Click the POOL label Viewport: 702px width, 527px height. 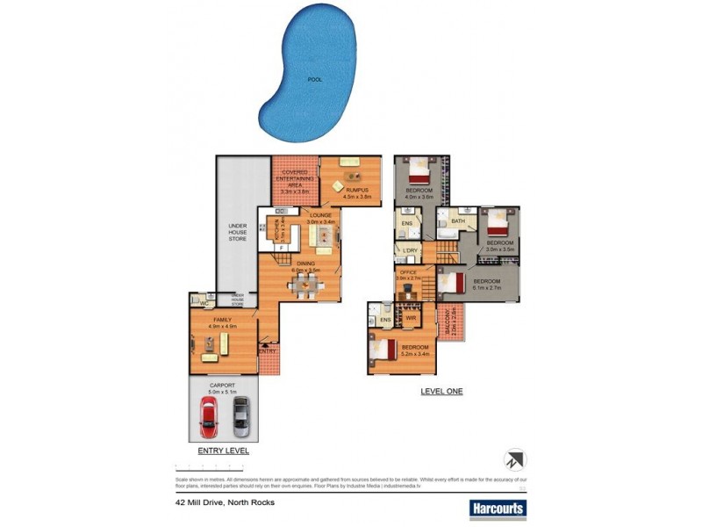(314, 80)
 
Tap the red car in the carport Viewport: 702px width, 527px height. (209, 415)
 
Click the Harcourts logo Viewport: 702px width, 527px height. (498, 508)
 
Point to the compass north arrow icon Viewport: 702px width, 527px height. (515, 459)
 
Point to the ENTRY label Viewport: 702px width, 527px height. (268, 351)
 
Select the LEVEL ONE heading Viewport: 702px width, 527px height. (441, 391)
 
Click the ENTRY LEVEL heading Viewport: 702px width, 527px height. (223, 451)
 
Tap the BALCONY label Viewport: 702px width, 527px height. (450, 323)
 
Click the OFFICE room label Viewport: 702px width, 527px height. (408, 273)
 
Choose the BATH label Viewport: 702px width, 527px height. (458, 221)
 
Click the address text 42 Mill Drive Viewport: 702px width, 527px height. (225, 502)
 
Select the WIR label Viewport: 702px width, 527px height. (410, 317)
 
